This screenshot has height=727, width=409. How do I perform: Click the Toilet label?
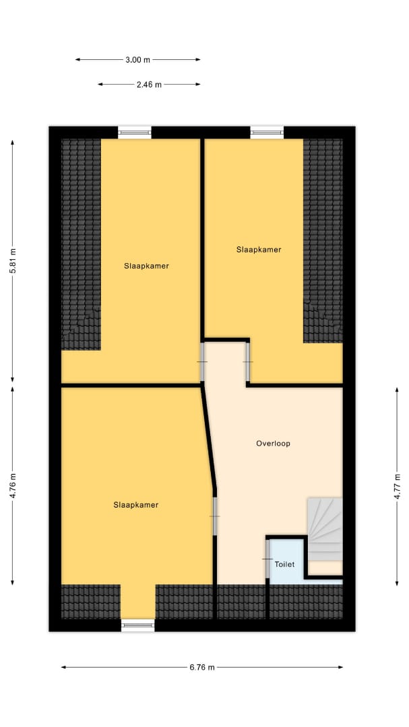[x=284, y=564]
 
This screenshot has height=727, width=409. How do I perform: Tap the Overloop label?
[x=273, y=443]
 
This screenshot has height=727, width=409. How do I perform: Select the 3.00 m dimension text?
[x=138, y=59]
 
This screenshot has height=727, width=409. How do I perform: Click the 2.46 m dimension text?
[x=149, y=84]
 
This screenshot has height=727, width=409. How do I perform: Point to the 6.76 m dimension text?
[x=202, y=667]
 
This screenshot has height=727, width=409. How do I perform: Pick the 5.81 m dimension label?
[x=13, y=261]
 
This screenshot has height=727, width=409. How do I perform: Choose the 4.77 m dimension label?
[x=397, y=486]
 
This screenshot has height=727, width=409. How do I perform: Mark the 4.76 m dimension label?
[x=13, y=485]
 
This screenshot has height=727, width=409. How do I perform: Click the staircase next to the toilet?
[x=325, y=530]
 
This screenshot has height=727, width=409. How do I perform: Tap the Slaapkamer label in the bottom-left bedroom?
[x=136, y=505]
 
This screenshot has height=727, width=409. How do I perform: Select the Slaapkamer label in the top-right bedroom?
[x=259, y=250]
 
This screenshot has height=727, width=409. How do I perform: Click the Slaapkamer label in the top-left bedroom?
[x=146, y=266]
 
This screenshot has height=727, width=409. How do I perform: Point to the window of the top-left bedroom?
[x=135, y=132]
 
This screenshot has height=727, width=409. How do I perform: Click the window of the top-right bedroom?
[x=267, y=132]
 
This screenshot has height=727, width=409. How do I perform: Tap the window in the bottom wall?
[x=138, y=625]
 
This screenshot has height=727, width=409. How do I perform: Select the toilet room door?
[x=268, y=559]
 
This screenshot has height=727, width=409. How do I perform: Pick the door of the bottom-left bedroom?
[x=215, y=516]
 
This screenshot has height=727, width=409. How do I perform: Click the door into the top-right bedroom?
[x=248, y=361]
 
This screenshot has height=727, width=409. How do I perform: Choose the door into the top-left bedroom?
[x=202, y=361]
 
